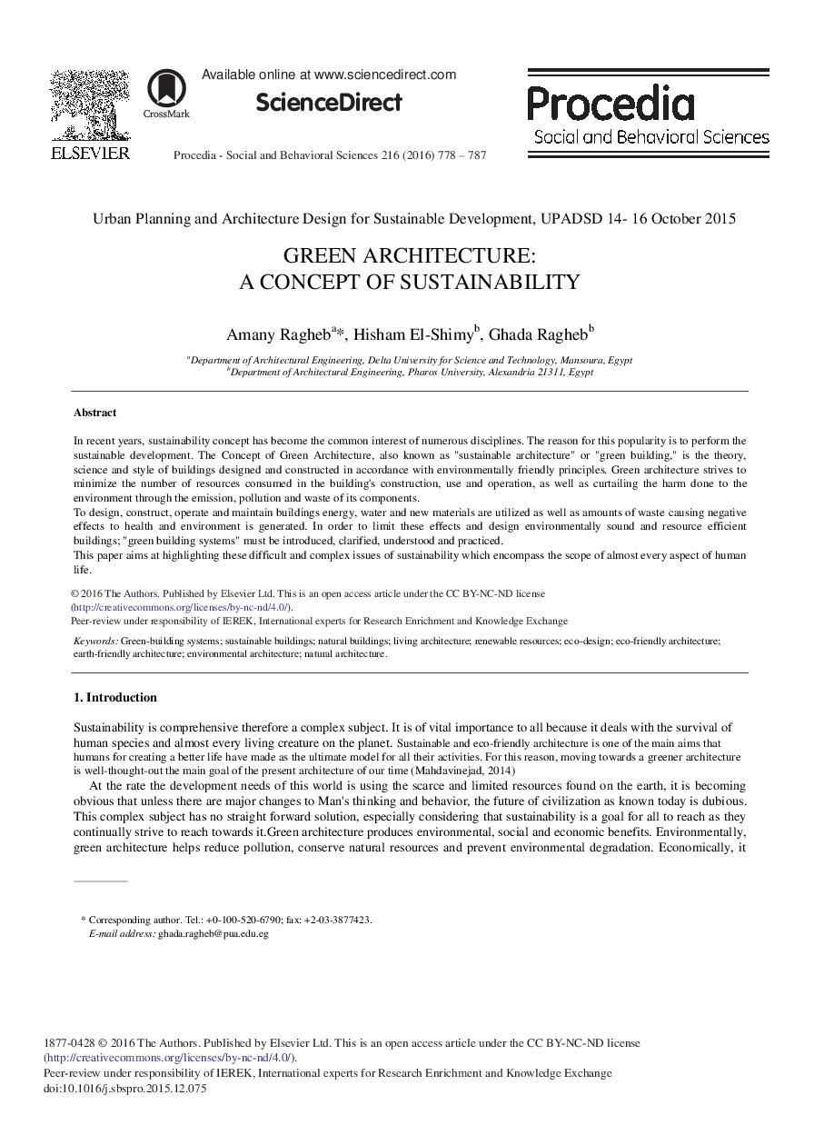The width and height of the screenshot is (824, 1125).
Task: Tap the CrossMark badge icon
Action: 166,88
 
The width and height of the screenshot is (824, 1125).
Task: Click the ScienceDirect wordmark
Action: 328,103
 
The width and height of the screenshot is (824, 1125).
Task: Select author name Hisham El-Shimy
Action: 413,334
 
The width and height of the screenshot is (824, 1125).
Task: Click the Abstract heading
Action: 94,413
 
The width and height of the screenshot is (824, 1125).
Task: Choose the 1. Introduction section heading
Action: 114,698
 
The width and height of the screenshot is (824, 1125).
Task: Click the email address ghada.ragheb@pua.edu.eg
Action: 213,933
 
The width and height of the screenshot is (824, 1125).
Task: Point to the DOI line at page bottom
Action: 125,1088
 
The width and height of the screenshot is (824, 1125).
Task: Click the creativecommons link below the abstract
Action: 182,607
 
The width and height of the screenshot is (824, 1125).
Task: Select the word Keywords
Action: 94,641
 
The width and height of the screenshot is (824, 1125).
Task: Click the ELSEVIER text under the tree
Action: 90,153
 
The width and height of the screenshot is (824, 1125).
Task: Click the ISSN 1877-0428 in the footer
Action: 69,1043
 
